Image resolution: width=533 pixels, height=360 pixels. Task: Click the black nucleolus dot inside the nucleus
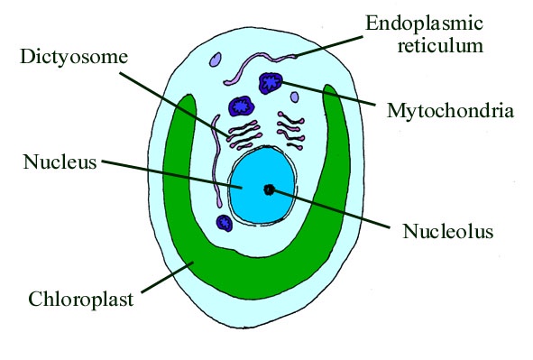269,189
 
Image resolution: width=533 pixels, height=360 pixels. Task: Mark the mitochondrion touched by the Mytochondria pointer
271,84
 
